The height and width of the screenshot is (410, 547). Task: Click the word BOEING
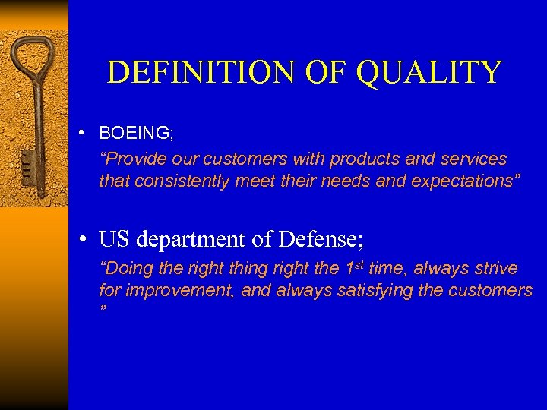(x=135, y=133)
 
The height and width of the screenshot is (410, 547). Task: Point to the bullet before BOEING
(x=90, y=134)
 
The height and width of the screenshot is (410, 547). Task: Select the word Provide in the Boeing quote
(x=132, y=159)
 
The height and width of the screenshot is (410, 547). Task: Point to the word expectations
(x=465, y=181)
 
